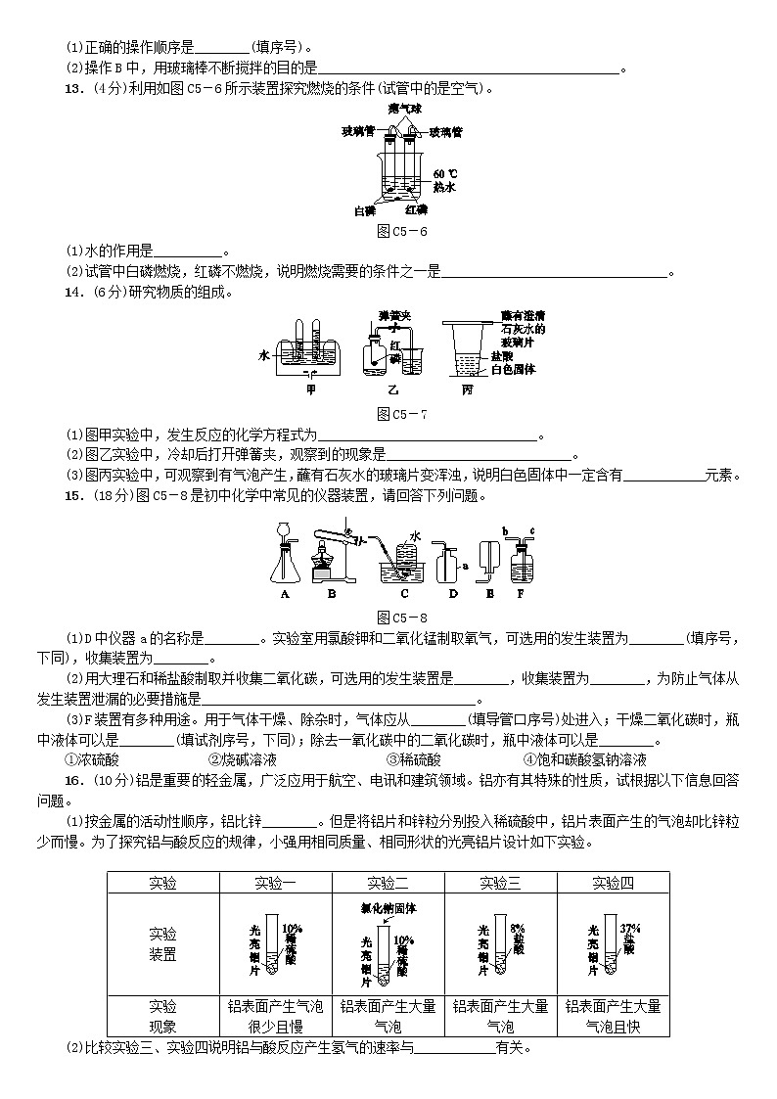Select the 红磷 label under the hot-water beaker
coord(416,210)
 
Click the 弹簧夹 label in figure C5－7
coord(393,316)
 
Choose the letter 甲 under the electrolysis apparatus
coord(312,389)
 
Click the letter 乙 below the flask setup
coord(394,389)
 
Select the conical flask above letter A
coord(286,562)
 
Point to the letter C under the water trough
coord(404,594)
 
